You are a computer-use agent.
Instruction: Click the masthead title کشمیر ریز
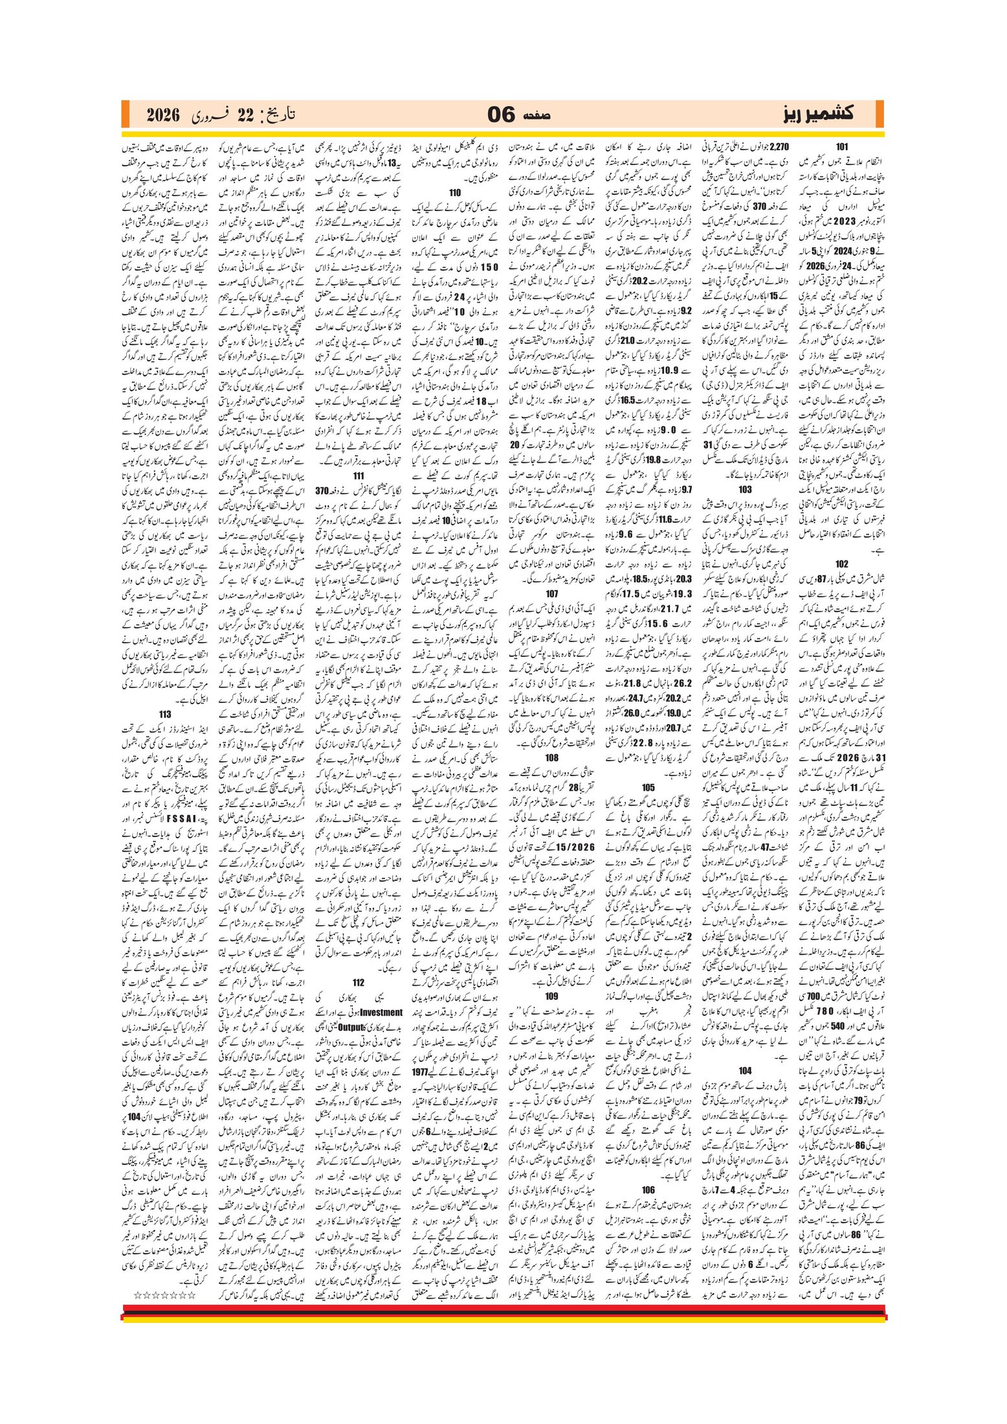click(x=819, y=114)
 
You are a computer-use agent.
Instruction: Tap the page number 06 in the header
click(x=501, y=115)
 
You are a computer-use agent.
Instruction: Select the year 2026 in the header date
click(x=162, y=115)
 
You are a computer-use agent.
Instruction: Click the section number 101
click(x=841, y=147)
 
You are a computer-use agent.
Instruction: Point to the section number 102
click(x=841, y=564)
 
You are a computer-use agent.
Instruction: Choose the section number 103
click(x=745, y=489)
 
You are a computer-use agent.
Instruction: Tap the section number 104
click(x=745, y=1071)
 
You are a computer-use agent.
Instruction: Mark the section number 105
click(x=648, y=787)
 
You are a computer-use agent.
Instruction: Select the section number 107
click(x=551, y=594)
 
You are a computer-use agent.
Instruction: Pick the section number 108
click(x=551, y=757)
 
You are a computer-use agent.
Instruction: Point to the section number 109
click(x=551, y=996)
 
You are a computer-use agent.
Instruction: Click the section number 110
click(x=455, y=192)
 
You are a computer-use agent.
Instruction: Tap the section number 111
click(x=359, y=476)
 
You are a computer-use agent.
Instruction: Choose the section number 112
click(x=359, y=982)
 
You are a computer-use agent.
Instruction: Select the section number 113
click(x=165, y=714)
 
